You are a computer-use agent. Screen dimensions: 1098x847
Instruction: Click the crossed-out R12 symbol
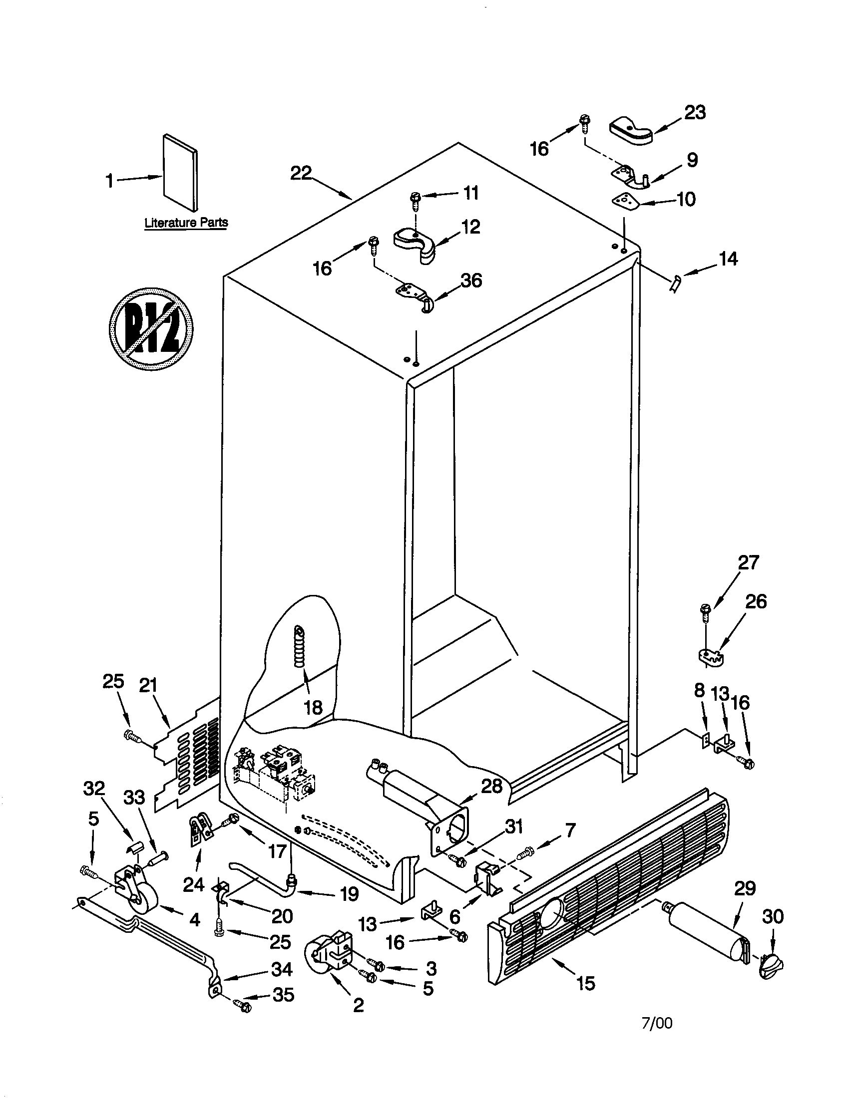tap(151, 329)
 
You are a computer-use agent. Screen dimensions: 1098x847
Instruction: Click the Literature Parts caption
tap(186, 223)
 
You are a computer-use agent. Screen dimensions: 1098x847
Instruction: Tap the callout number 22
tap(301, 174)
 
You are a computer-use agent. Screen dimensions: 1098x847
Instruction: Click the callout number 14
tap(728, 259)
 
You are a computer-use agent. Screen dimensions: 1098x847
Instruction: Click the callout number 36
tap(471, 280)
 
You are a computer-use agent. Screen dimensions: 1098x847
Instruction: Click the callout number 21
tap(148, 686)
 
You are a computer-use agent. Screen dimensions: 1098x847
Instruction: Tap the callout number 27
tap(748, 562)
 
